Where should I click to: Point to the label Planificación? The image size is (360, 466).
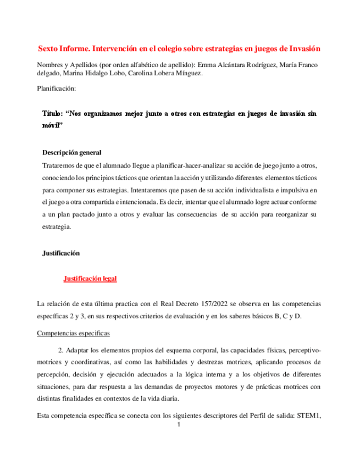click(x=56, y=88)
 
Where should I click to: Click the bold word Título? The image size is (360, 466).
click(x=53, y=113)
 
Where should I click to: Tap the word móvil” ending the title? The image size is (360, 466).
click(x=53, y=125)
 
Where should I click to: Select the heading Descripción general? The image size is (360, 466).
click(x=71, y=152)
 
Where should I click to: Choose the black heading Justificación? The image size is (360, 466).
click(x=61, y=253)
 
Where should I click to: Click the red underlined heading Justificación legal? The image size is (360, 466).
click(x=90, y=279)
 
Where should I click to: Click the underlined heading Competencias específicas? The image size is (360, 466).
click(x=73, y=333)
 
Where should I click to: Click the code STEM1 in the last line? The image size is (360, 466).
click(x=308, y=415)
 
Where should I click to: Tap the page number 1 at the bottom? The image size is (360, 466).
click(x=179, y=425)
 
